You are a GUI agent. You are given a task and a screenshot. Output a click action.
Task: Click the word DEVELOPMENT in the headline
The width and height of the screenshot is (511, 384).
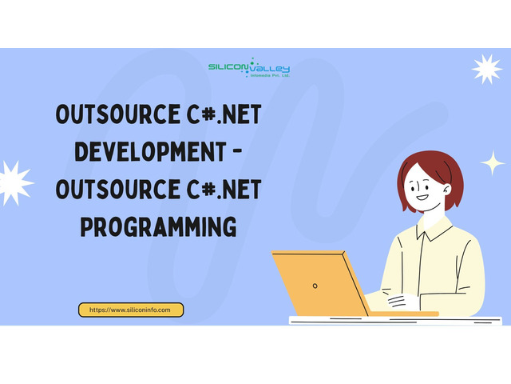coord(150,151)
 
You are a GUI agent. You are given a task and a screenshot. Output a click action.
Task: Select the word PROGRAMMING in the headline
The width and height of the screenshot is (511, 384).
coord(158,226)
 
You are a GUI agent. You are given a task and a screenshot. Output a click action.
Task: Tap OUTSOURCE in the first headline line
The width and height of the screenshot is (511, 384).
coord(117,114)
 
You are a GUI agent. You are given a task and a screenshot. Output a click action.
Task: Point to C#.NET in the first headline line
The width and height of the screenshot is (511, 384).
coord(224,114)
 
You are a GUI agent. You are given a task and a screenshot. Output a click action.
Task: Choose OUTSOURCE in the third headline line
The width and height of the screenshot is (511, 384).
coord(117,189)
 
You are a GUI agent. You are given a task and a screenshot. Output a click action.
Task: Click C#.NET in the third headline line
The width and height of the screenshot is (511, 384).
coord(224,189)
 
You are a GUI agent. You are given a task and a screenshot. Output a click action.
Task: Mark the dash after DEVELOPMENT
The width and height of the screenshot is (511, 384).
coord(238,152)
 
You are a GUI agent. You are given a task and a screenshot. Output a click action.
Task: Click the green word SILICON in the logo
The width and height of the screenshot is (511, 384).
coord(228,66)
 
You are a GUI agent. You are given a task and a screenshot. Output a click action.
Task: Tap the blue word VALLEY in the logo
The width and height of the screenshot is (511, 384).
coord(269,68)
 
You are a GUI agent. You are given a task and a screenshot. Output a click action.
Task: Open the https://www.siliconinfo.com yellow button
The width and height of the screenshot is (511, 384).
coord(131,310)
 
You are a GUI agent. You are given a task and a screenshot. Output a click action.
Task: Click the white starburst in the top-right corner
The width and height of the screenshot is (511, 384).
coord(486,70)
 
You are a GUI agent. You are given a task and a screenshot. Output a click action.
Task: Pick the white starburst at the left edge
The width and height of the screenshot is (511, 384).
coord(14,183)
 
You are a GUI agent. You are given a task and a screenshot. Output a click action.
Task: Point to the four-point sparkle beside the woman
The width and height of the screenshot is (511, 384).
coord(493,163)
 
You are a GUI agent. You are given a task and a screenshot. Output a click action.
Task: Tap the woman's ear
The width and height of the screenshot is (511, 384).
coord(446,190)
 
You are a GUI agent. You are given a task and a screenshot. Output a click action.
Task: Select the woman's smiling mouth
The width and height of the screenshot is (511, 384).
coord(422,198)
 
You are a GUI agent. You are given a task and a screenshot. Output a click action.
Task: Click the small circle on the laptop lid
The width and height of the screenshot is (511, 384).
coord(315,286)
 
